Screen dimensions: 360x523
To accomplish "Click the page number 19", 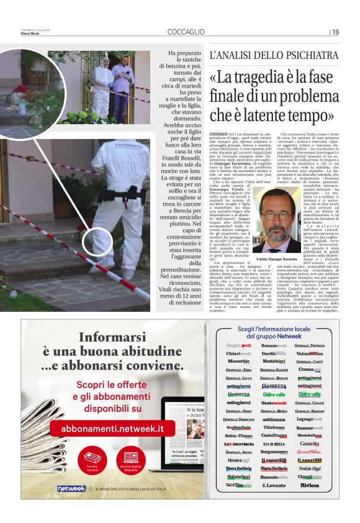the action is [x=335, y=32].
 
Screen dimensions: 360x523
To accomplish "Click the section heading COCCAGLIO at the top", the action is [x=186, y=32].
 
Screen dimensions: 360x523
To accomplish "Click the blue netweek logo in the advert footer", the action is [x=71, y=489].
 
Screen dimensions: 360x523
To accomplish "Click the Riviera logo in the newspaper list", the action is [x=309, y=484].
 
